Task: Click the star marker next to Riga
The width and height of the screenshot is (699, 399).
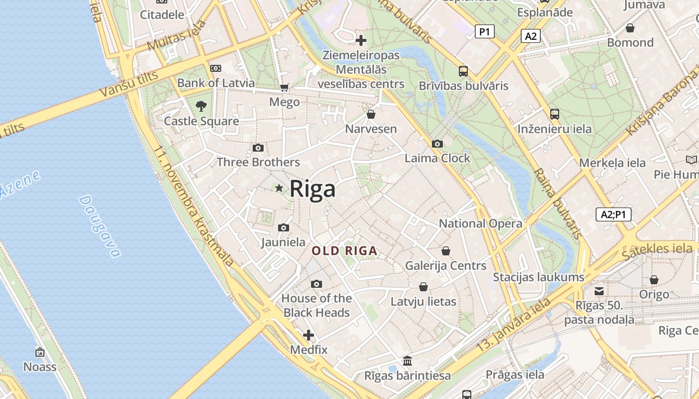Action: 279,188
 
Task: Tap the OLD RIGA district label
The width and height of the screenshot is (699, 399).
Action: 345,251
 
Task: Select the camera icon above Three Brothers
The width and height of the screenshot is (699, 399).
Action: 258,148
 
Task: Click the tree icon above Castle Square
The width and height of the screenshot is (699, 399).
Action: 201,106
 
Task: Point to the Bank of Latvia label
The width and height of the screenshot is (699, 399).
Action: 216,83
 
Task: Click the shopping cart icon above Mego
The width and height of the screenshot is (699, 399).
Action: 285,88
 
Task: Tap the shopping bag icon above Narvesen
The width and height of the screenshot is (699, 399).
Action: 371,114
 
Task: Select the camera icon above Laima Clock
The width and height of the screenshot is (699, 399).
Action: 437,144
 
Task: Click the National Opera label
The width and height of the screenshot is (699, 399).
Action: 480,223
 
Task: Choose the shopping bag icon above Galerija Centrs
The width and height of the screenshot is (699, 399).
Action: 445,250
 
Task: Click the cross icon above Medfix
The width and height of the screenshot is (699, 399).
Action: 309,335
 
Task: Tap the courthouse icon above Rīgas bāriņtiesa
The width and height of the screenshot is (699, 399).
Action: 407,361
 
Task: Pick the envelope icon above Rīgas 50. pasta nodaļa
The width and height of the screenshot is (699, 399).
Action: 599,291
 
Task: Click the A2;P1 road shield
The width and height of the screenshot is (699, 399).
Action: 614,214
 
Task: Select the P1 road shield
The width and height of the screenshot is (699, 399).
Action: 484,32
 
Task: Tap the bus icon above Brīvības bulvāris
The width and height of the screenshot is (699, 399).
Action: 463,71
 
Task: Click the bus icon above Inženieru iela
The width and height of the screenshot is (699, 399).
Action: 554,114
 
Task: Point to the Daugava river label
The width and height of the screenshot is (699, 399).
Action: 100,226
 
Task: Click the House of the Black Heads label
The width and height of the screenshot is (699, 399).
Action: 317,305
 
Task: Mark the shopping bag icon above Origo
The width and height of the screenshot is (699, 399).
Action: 654,280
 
